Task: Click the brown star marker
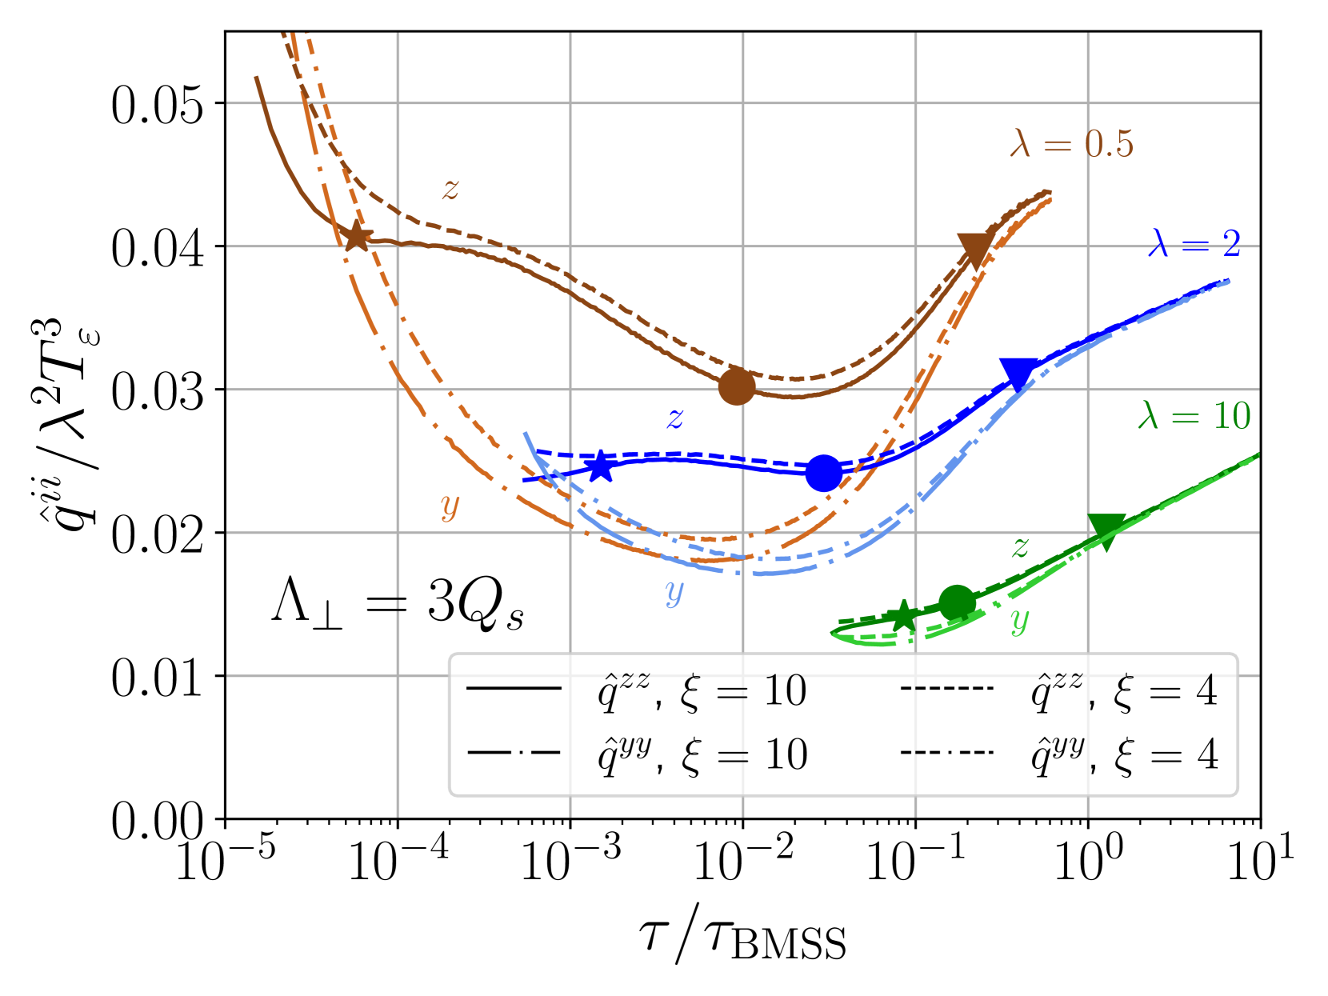(356, 236)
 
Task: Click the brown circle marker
(737, 386)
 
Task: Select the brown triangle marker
(975, 249)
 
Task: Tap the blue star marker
(600, 466)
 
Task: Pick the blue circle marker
(823, 473)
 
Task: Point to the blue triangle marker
(1018, 373)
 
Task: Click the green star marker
(903, 615)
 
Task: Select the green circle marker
(957, 602)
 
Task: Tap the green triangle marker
(1107, 530)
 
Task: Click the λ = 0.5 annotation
(1071, 144)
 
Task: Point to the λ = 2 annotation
(1194, 243)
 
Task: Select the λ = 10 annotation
(1194, 416)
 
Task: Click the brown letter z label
(451, 190)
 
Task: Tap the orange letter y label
(450, 506)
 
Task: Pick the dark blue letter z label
(676, 418)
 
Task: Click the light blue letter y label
(674, 592)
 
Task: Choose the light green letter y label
(1019, 620)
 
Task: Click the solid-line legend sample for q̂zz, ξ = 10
(514, 689)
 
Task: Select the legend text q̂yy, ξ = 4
(1124, 754)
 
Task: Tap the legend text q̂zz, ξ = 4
(1124, 690)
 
